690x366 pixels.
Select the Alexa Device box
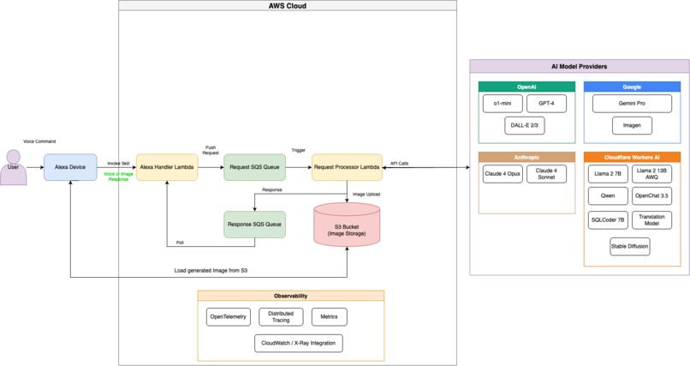pyautogui.click(x=70, y=167)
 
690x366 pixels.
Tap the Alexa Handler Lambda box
pyautogui.click(x=167, y=167)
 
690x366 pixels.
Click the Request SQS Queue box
pyautogui.click(x=254, y=167)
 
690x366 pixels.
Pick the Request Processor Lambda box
pyautogui.click(x=347, y=167)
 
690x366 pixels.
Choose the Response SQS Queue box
pyautogui.click(x=254, y=225)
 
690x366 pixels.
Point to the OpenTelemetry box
pyautogui.click(x=228, y=317)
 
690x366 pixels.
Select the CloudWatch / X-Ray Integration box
pyautogui.click(x=298, y=344)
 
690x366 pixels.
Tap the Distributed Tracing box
pyautogui.click(x=281, y=317)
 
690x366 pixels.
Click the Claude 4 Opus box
pyautogui.click(x=502, y=174)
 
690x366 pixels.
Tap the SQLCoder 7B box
pyautogui.click(x=608, y=220)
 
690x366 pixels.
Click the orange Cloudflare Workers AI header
pyautogui.click(x=632, y=157)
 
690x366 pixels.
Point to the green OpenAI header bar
pyautogui.click(x=526, y=87)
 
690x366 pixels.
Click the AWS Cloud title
pyautogui.click(x=287, y=6)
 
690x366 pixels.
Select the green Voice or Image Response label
pyautogui.click(x=118, y=176)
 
